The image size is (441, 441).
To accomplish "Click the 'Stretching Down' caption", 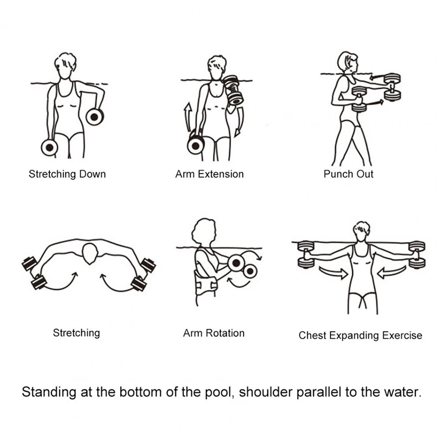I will [x=67, y=174].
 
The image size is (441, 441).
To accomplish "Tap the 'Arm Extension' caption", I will [x=209, y=174].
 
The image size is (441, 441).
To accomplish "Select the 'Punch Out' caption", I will [x=349, y=174].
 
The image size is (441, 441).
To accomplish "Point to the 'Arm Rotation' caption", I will [x=213, y=333].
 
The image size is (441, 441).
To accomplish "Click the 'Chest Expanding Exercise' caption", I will [x=360, y=335].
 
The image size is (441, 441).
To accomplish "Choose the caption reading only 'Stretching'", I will [x=76, y=333].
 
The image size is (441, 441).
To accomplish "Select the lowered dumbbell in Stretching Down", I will [x=49, y=148].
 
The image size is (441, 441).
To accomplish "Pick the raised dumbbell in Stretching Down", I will [x=95, y=117].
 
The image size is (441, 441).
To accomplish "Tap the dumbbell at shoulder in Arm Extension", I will [x=233, y=90].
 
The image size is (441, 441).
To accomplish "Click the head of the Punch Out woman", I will [x=347, y=62].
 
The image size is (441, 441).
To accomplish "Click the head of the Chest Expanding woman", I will [x=361, y=230].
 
